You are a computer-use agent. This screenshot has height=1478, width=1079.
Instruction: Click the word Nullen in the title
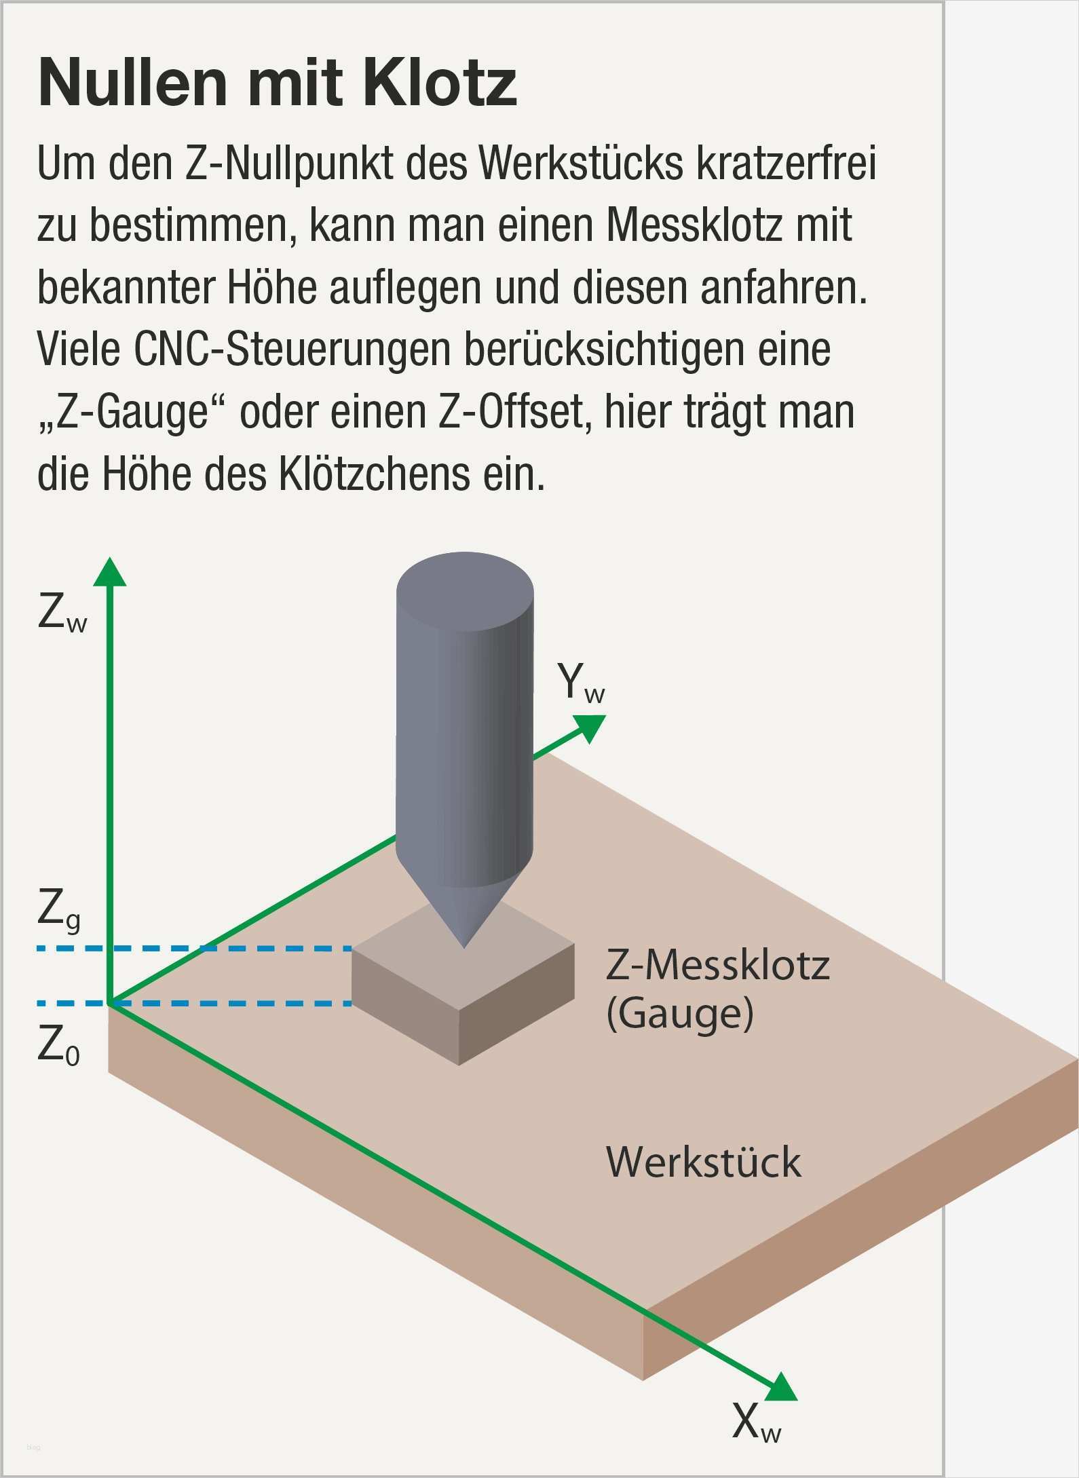pos(133,83)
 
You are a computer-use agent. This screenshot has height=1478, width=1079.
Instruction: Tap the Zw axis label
pos(62,612)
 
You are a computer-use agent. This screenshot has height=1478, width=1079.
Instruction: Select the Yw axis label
pos(581,683)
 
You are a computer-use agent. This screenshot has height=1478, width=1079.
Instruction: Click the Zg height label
pos(60,910)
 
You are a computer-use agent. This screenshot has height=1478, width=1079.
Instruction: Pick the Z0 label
pos(59,1045)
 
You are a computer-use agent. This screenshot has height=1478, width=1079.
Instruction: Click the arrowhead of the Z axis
pos(110,571)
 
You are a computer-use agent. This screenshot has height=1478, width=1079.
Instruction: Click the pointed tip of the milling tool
pos(464,947)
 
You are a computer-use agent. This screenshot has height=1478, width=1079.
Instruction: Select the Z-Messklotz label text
pos(718,965)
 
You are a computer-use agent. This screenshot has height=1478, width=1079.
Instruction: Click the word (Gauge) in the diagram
pos(680,1014)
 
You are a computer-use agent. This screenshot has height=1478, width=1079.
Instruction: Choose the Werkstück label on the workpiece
pos(704,1162)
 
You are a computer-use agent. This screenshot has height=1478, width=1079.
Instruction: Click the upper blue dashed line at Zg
pos(194,948)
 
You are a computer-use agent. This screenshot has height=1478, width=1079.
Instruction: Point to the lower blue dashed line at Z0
pos(194,1003)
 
